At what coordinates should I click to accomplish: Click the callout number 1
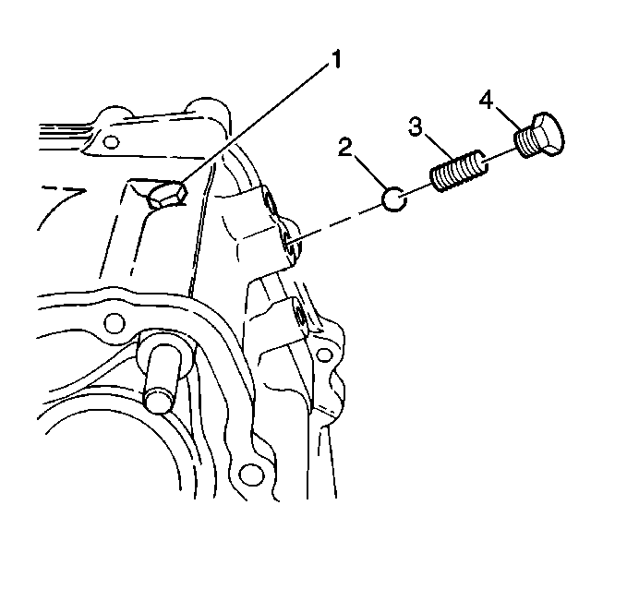click(x=336, y=59)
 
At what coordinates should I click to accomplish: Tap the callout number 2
click(x=345, y=147)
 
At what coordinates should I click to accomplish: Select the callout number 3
click(x=415, y=126)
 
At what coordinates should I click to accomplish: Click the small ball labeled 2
click(x=394, y=198)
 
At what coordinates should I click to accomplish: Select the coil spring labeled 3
click(x=459, y=171)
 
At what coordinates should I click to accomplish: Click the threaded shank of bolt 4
click(x=524, y=141)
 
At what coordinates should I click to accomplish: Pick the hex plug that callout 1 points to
click(x=168, y=196)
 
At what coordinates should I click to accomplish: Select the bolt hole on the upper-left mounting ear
click(x=111, y=141)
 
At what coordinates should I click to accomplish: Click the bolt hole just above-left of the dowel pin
click(x=114, y=322)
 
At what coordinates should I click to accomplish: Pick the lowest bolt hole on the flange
click(x=251, y=475)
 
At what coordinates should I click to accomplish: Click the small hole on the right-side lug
click(x=324, y=354)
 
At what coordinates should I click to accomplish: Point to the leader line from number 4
click(x=508, y=119)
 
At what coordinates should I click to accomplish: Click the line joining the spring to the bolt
click(x=499, y=156)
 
